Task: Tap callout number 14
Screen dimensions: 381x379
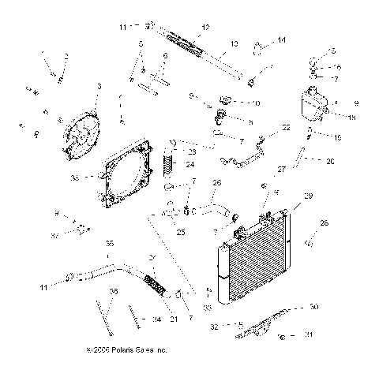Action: [282, 39]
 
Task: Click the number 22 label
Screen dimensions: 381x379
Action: [286, 127]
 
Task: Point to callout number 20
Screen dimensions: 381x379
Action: [331, 161]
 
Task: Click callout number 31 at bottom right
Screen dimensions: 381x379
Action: [331, 334]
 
